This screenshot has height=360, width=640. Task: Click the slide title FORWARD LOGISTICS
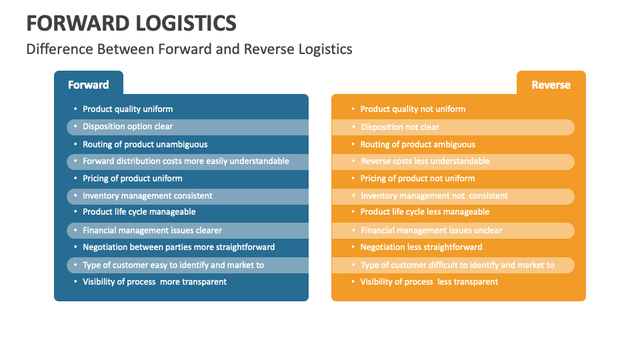pos(131,23)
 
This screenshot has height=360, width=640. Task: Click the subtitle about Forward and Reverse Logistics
pos(189,49)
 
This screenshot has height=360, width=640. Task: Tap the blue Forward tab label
pos(88,85)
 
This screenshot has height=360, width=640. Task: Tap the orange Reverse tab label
pos(551,85)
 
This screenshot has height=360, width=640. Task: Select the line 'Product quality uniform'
pos(127,109)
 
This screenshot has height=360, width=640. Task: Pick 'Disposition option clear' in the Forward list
pos(127,127)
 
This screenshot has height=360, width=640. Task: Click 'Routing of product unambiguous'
pos(145,144)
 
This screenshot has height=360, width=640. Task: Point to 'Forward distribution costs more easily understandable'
pos(185,161)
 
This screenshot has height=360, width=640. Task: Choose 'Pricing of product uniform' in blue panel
pos(132,179)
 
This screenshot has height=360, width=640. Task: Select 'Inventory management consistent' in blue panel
pos(147,196)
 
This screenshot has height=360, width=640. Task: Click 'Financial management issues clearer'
pos(152,231)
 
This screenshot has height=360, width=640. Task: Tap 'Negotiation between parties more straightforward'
pos(179,247)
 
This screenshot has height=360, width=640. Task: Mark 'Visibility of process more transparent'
pos(154,282)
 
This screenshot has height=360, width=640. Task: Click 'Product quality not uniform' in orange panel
pos(413,109)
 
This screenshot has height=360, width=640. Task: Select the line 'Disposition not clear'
pos(400,127)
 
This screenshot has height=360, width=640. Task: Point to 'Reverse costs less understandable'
pos(425,161)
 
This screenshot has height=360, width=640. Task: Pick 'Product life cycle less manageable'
pos(425,212)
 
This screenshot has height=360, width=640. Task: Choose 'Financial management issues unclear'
pos(431,231)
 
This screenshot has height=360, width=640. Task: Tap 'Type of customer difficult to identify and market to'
pos(457,265)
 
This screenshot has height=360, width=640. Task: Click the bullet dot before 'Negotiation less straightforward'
pos(353,247)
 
